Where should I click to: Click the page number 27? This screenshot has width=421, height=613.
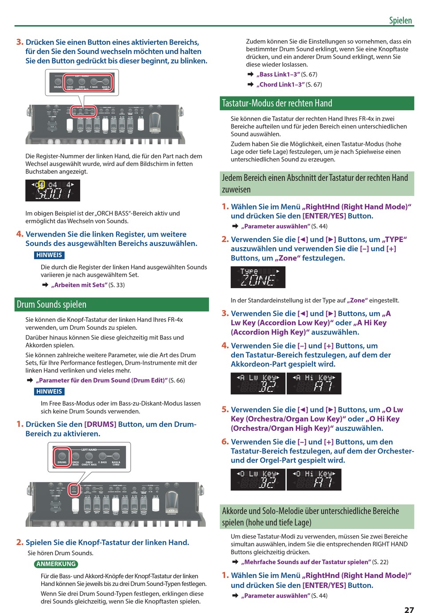click(x=409, y=609)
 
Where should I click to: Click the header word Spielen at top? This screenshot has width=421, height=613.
click(x=400, y=20)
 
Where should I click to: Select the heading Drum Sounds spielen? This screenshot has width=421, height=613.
click(x=52, y=305)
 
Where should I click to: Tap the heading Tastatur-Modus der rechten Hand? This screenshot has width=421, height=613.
click(x=277, y=103)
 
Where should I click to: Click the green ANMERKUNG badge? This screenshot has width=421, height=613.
click(x=56, y=564)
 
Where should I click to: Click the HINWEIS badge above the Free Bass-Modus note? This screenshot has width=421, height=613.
click(x=49, y=391)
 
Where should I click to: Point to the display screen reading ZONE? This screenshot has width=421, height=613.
click(x=258, y=277)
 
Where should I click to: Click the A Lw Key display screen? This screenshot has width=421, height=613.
click(x=258, y=383)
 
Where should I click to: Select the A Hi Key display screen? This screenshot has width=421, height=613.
click(x=314, y=383)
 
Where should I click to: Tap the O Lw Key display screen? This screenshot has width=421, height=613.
click(x=258, y=480)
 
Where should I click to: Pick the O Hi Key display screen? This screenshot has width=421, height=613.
click(x=314, y=480)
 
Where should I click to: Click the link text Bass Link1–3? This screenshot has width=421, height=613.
click(x=278, y=74)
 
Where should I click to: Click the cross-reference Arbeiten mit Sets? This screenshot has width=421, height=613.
click(x=79, y=285)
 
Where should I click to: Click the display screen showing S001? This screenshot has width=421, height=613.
click(x=53, y=191)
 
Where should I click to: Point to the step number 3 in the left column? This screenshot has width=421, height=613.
click(x=19, y=42)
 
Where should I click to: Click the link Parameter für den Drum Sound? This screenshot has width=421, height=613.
click(x=101, y=380)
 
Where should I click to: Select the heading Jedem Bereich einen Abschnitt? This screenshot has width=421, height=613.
click(x=315, y=184)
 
